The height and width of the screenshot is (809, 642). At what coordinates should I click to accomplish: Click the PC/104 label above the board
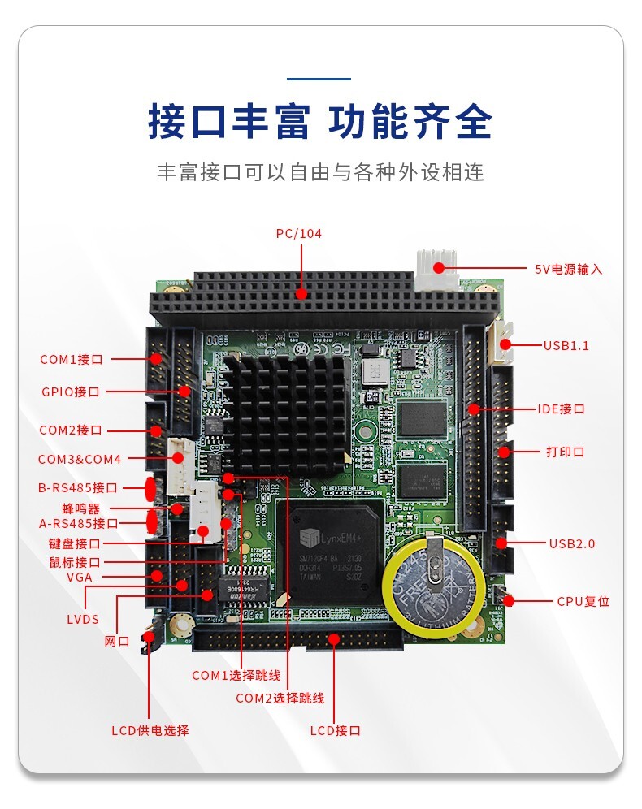(298, 233)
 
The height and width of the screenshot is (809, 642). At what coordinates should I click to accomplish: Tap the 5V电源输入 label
(568, 269)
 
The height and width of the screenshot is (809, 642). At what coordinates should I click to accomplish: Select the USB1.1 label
(566, 345)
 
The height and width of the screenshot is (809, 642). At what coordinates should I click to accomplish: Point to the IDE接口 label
(561, 409)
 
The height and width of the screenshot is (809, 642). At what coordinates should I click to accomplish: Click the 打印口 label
(565, 452)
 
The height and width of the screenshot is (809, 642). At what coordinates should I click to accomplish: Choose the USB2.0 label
(571, 543)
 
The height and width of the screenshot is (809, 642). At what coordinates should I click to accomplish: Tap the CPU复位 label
(583, 602)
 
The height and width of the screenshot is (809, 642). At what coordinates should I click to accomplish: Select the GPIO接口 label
(71, 392)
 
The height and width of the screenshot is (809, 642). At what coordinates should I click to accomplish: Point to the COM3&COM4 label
(79, 459)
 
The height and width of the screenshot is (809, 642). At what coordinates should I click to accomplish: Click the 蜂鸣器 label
(80, 508)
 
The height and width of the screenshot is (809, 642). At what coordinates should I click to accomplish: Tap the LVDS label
(82, 619)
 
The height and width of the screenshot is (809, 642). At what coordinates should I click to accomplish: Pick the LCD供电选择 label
(150, 730)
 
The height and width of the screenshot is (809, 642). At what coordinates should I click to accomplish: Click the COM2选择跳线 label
(280, 698)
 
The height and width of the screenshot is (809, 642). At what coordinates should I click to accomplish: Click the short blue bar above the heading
(319, 80)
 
